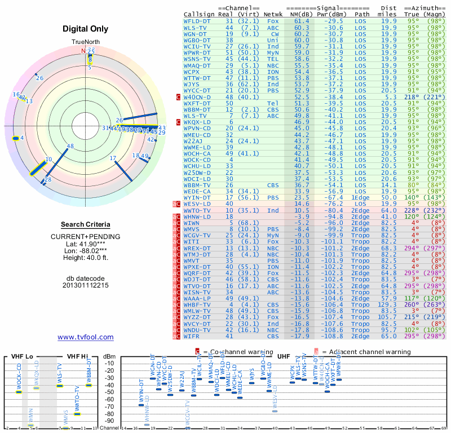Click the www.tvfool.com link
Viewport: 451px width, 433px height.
(x=85, y=337)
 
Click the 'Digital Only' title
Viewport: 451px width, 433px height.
(x=85, y=29)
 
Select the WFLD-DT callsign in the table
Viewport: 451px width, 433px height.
(x=197, y=20)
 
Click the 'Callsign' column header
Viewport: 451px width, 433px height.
(x=200, y=14)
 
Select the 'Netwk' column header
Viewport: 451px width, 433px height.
(x=273, y=14)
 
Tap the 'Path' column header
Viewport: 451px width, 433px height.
(x=362, y=14)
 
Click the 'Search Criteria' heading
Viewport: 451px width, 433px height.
(x=85, y=224)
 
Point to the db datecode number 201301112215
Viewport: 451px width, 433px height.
(x=85, y=285)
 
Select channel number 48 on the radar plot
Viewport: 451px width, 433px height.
(x=70, y=146)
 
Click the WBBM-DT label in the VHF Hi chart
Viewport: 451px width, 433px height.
(x=89, y=372)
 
